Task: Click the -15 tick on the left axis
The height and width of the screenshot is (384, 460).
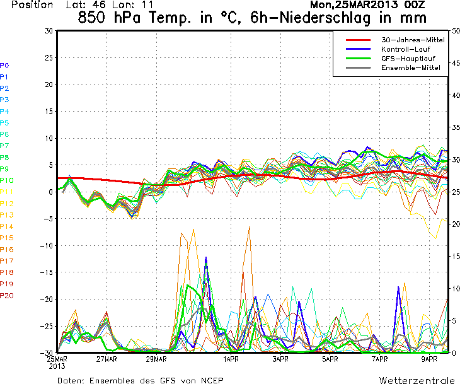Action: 46,272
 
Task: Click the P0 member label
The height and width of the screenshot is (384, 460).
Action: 4,65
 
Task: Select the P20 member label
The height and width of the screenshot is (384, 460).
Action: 7,296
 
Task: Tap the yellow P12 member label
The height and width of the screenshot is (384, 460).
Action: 7,204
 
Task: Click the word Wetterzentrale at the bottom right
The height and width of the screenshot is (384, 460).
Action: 417,380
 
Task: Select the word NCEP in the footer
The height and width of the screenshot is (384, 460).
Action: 210,380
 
